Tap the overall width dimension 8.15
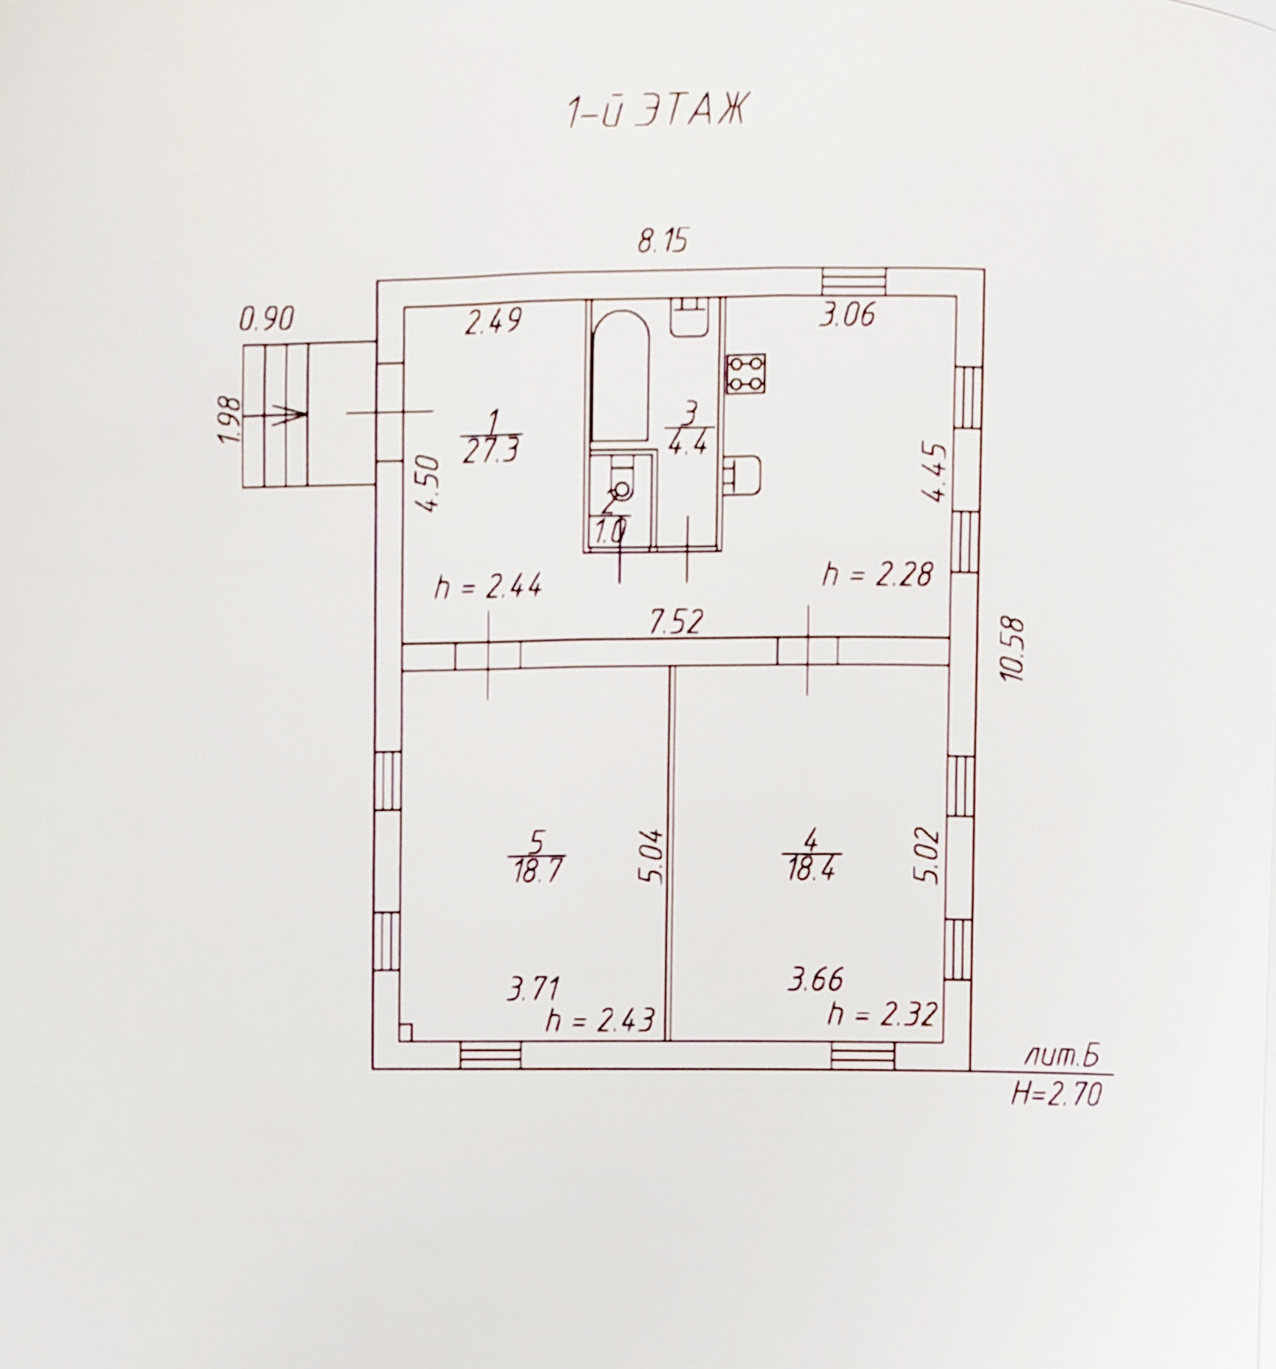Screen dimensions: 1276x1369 pyautogui.click(x=662, y=242)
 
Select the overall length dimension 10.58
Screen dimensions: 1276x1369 pyautogui.click(x=1015, y=649)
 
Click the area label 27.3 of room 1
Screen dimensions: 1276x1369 pyautogui.click(x=491, y=452)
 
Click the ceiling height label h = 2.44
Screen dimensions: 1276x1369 pyautogui.click(x=488, y=587)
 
